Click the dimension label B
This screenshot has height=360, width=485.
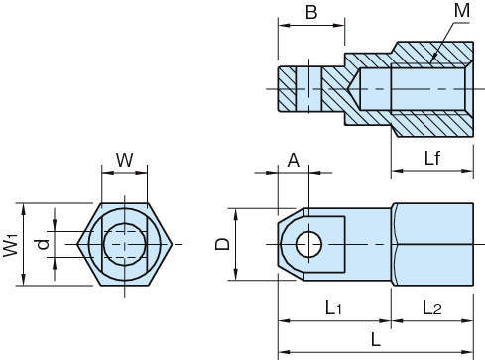point(311,13)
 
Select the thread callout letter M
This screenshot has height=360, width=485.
point(462,10)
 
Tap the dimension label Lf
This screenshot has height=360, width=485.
point(432,158)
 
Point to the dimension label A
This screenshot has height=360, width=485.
point(294,161)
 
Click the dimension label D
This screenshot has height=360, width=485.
point(222,244)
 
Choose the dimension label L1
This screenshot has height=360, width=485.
point(333,308)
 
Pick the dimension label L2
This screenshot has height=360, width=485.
point(432,308)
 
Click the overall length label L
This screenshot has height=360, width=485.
point(376,339)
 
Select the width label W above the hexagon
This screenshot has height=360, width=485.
point(125,160)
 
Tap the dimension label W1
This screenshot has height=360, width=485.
point(11,245)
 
